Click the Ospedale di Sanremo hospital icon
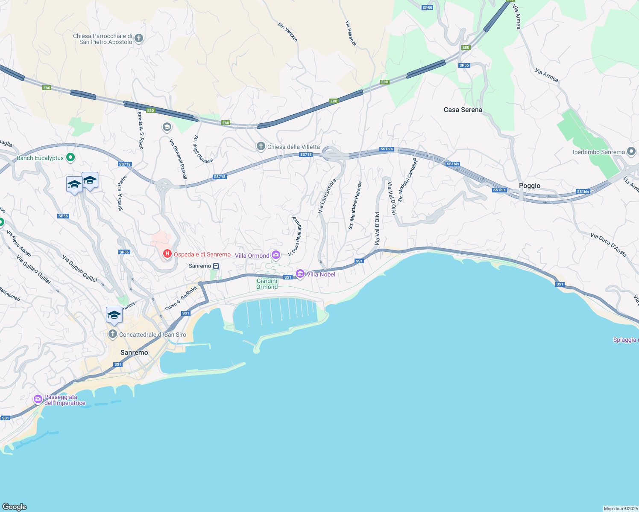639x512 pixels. pyautogui.click(x=167, y=254)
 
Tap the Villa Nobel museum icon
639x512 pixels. pyautogui.click(x=300, y=274)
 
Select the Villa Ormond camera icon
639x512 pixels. pyautogui.click(x=276, y=255)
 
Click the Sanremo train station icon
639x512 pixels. pyautogui.click(x=216, y=266)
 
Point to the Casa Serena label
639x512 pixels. pyautogui.click(x=463, y=110)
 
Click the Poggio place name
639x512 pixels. pyautogui.click(x=530, y=186)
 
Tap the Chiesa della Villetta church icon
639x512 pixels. pyautogui.click(x=261, y=147)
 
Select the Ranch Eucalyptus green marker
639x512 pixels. pyautogui.click(x=71, y=158)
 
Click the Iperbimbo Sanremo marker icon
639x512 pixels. pyautogui.click(x=631, y=151)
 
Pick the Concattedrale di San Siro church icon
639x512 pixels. pyautogui.click(x=113, y=334)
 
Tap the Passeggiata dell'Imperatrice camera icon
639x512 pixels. pyautogui.click(x=38, y=399)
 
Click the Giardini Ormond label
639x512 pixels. pyautogui.click(x=267, y=284)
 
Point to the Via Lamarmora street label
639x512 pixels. pyautogui.click(x=327, y=196)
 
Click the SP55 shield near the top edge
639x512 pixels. pyautogui.click(x=427, y=8)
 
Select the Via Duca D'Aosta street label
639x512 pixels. pyautogui.click(x=609, y=245)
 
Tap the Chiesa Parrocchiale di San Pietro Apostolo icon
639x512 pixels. pyautogui.click(x=139, y=39)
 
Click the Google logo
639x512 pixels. pyautogui.click(x=15, y=507)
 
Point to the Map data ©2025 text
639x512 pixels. pyautogui.click(x=621, y=509)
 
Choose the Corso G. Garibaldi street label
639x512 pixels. pyautogui.click(x=181, y=298)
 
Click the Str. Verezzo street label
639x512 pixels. pyautogui.click(x=288, y=32)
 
